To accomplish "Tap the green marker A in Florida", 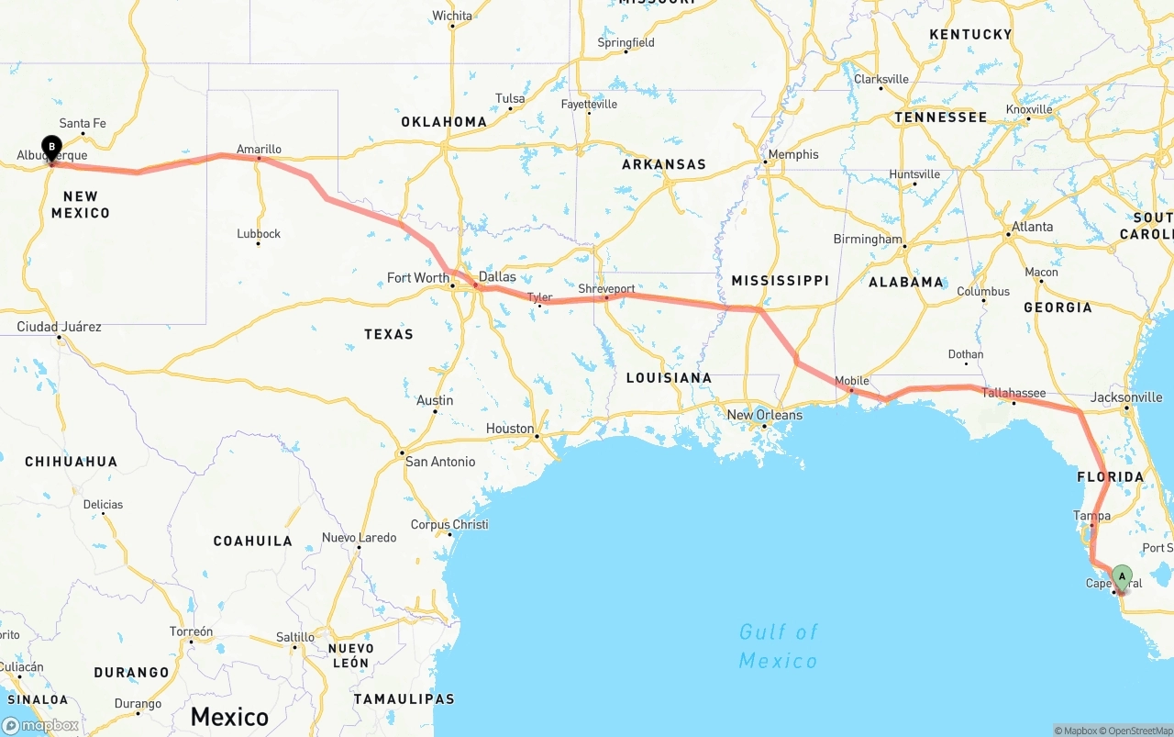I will point(1121,576).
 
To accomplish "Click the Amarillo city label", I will point(259,149).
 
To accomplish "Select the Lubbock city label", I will point(259,234).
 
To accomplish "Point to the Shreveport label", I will point(606,289).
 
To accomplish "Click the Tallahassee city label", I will point(1013,393).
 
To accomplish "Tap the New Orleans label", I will point(764,415).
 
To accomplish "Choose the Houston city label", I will point(510,429).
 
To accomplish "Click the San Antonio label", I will point(440,462).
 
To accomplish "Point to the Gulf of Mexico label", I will point(778,646).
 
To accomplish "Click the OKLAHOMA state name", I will point(444,122).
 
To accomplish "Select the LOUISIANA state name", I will point(669,378).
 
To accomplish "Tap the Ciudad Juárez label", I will point(59,327).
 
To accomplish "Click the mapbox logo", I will point(41,725).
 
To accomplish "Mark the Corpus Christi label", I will point(449,525).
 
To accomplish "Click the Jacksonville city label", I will point(1126,397).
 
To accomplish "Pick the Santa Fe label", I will point(83,124).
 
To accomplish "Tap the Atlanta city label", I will point(1032,227).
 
